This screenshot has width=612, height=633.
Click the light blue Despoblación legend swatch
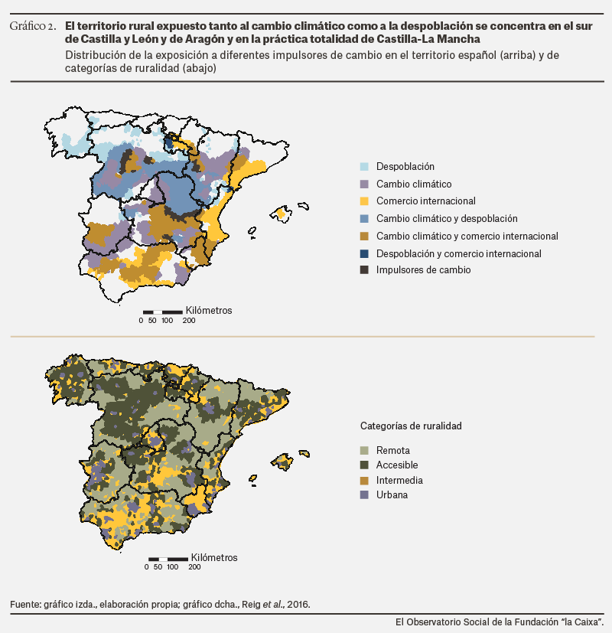click(364, 166)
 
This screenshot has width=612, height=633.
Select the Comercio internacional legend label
click(425, 201)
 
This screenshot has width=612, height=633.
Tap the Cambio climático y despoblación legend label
click(447, 218)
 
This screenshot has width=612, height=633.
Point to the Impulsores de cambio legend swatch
click(364, 269)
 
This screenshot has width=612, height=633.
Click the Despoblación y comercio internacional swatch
click(364, 253)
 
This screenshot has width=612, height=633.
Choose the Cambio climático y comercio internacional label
click(467, 236)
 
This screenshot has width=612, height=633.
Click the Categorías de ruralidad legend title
click(411, 426)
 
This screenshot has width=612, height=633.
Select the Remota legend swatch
click(364, 450)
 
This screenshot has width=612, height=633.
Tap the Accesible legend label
click(397, 465)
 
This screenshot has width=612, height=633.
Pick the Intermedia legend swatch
click(364, 481)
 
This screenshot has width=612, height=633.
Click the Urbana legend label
click(392, 494)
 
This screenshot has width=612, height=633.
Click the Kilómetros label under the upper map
click(209, 311)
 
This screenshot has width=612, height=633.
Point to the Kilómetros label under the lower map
click(214, 557)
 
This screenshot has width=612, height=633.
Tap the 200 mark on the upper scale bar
click(188, 321)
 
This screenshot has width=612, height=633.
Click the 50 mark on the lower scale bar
click(158, 567)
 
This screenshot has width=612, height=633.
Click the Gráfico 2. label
click(33, 26)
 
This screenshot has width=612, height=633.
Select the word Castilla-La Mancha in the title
click(428, 39)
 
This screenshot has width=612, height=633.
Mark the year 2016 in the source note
click(298, 605)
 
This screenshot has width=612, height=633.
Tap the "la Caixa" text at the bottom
click(585, 622)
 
